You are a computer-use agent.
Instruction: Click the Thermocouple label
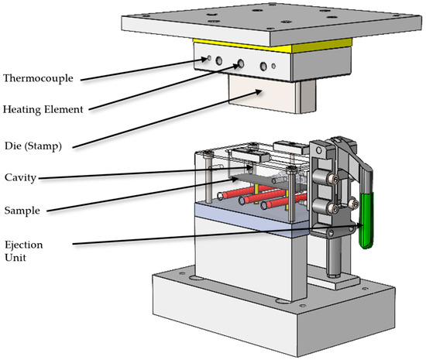tap(38, 78)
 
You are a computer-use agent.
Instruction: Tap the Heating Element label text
tap(43, 109)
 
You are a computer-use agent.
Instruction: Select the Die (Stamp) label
tap(33, 146)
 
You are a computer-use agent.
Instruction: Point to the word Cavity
tap(20, 177)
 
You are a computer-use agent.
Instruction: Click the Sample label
tap(22, 211)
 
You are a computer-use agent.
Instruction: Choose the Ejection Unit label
tap(24, 251)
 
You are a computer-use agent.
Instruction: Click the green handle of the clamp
tap(366, 220)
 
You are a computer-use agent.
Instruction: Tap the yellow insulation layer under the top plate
tap(272, 46)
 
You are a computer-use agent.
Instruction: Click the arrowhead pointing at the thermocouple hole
tap(204, 59)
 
